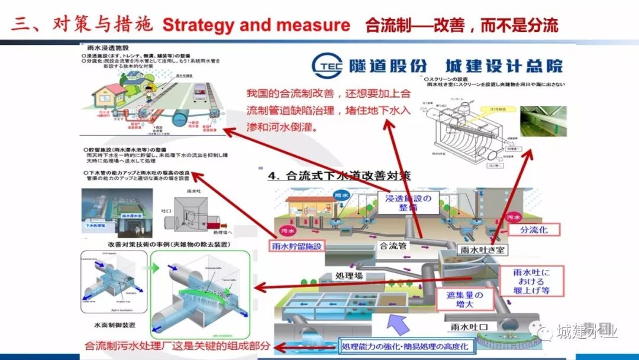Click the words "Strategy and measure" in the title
pyautogui.click(x=256, y=25)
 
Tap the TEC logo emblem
pyautogui.click(x=328, y=66)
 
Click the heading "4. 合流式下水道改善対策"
pyautogui.click(x=340, y=176)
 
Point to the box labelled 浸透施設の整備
pyautogui.click(x=409, y=201)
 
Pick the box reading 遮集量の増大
pyautogui.click(x=464, y=300)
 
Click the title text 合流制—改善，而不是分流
pyautogui.click(x=461, y=25)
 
